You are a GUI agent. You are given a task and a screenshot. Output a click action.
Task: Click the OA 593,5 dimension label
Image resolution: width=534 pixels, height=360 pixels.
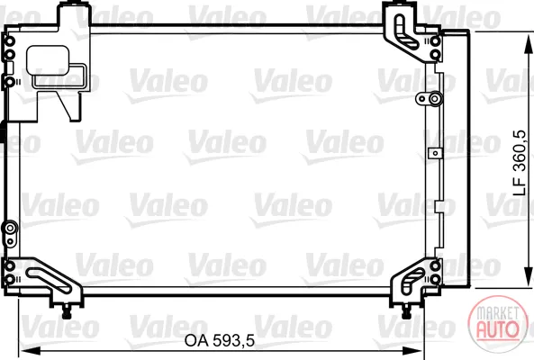(220, 340)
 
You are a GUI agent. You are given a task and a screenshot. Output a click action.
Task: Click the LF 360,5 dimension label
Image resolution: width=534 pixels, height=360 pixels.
(520, 163)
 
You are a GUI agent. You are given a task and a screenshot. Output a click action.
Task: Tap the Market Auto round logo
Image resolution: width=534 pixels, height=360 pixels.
(497, 320)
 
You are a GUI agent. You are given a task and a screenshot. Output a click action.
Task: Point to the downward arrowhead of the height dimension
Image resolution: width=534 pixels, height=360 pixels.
(529, 277)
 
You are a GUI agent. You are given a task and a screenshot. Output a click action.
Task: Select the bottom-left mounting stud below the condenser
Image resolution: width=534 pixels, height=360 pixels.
(67, 311)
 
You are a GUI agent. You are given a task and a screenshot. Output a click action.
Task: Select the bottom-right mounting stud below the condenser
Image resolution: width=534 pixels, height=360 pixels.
(406, 311)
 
